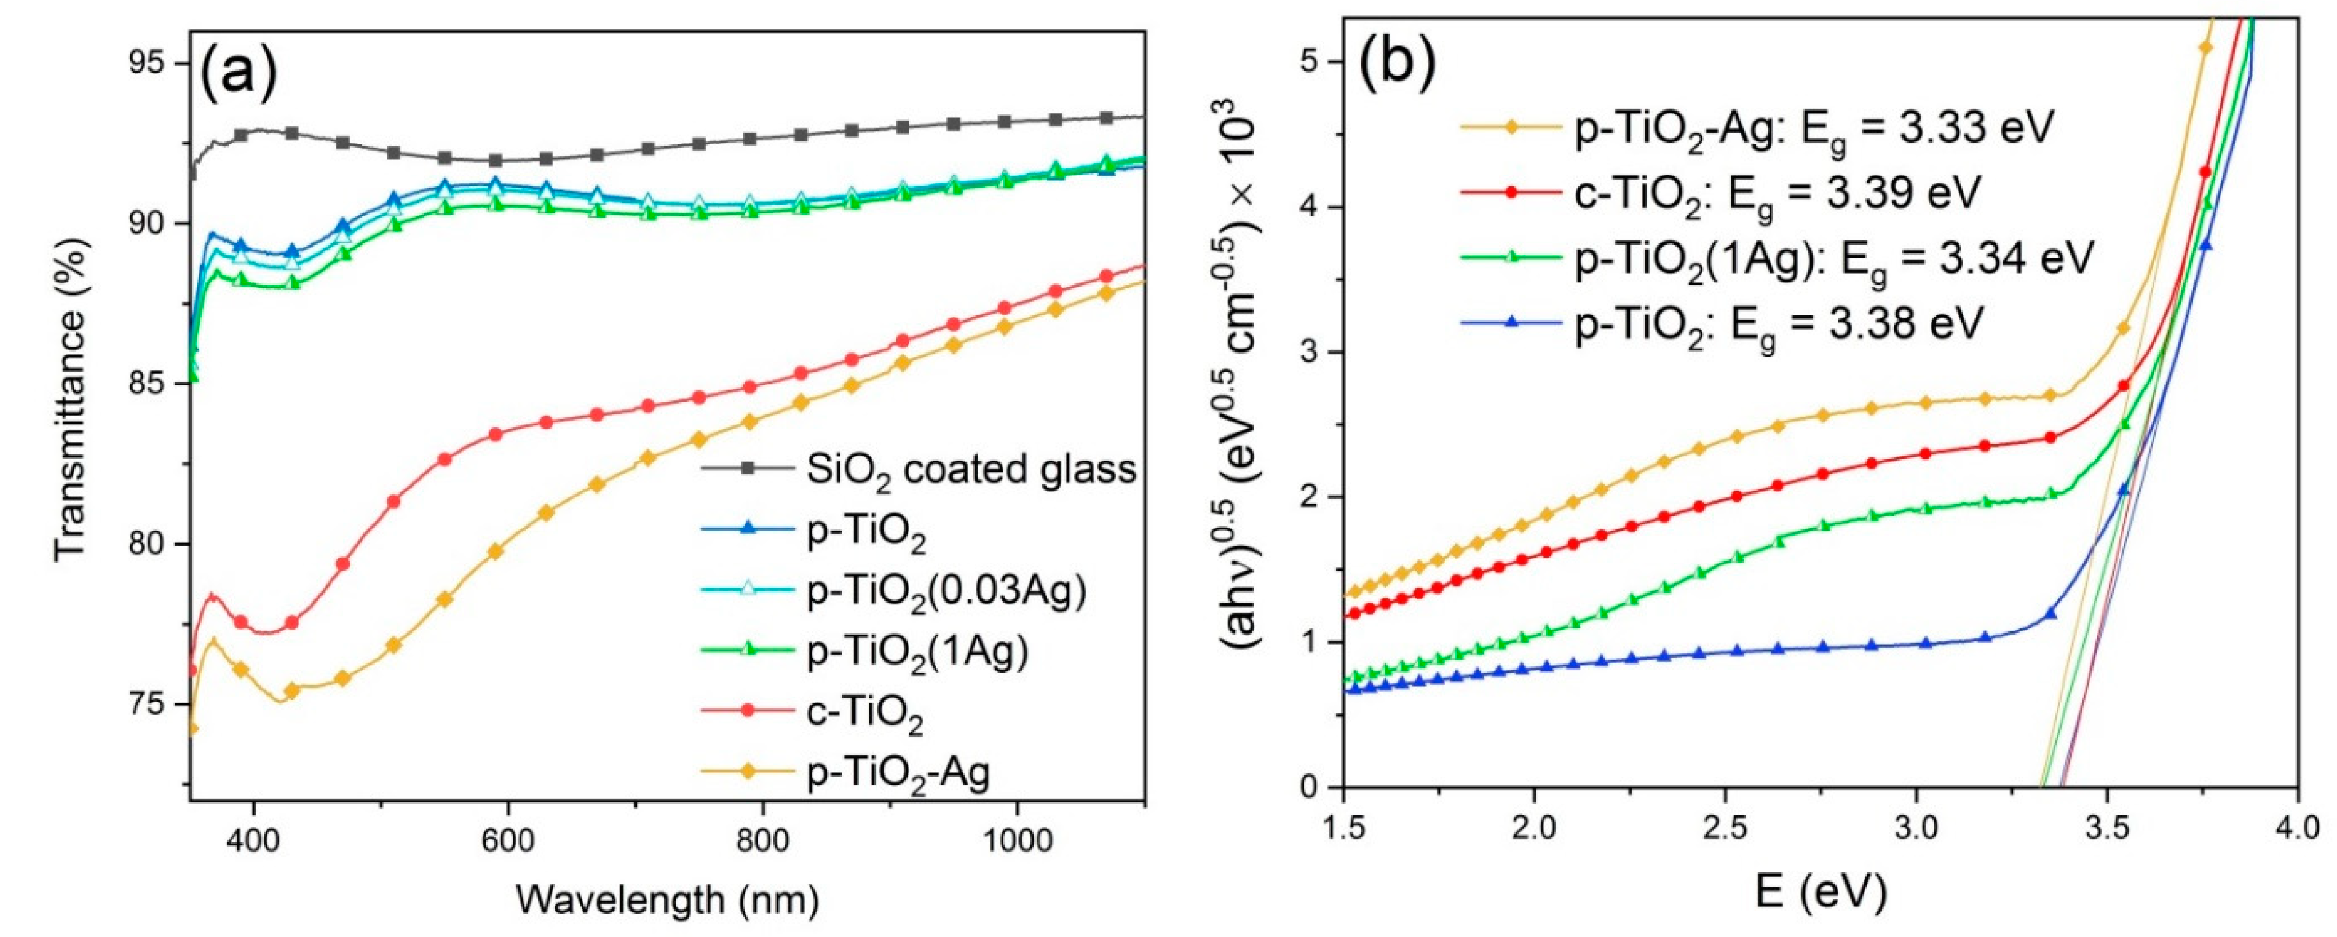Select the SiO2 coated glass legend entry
pos(971,469)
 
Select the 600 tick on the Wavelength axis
pos(508,840)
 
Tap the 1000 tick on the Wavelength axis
pos(1016,840)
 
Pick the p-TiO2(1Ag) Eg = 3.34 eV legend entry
pos(1833,258)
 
